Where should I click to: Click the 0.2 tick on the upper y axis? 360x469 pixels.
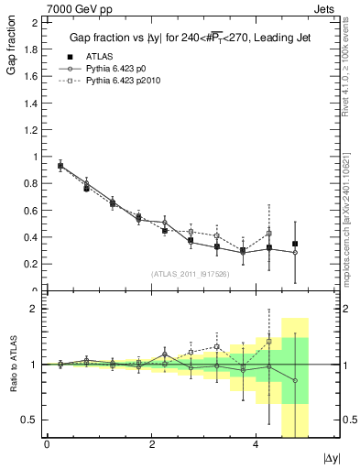(x=33, y=264)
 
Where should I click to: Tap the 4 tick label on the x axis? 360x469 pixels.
(x=256, y=444)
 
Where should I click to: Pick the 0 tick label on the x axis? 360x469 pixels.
(x=47, y=444)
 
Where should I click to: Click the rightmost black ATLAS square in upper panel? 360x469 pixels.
(x=295, y=244)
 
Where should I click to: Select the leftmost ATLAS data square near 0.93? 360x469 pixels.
(x=60, y=167)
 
